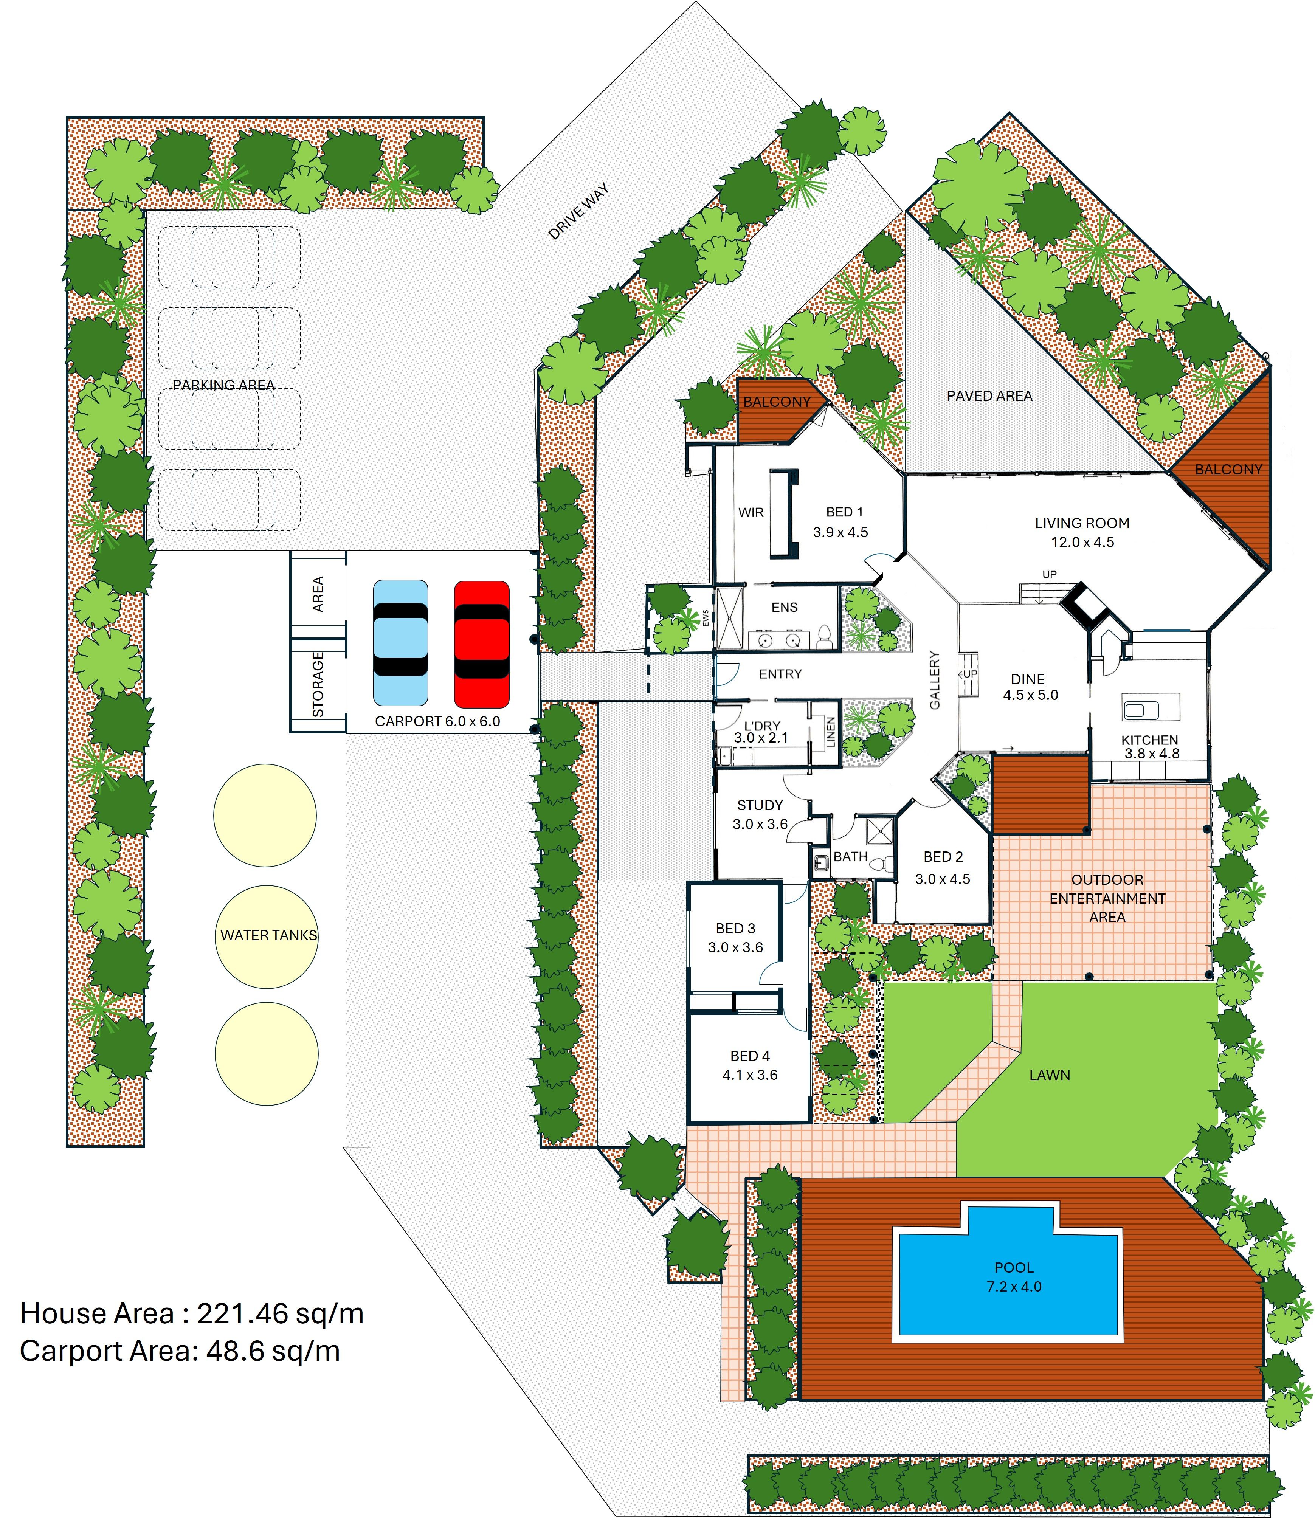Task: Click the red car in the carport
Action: click(481, 643)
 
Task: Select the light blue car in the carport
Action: click(401, 643)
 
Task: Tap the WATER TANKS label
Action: click(268, 935)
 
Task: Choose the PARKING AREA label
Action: click(224, 385)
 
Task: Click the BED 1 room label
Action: click(845, 512)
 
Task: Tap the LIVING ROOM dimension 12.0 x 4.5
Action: click(1082, 542)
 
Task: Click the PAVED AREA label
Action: click(989, 396)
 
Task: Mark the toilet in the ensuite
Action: click(824, 637)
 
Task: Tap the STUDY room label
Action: click(760, 805)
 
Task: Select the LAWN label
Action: click(1049, 1075)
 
